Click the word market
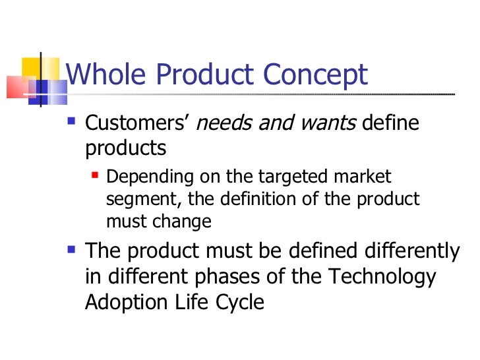pyautogui.click(x=361, y=177)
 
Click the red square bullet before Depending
pyautogui.click(x=96, y=176)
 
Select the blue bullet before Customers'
pyautogui.click(x=73, y=123)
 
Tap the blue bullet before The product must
pyautogui.click(x=73, y=251)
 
